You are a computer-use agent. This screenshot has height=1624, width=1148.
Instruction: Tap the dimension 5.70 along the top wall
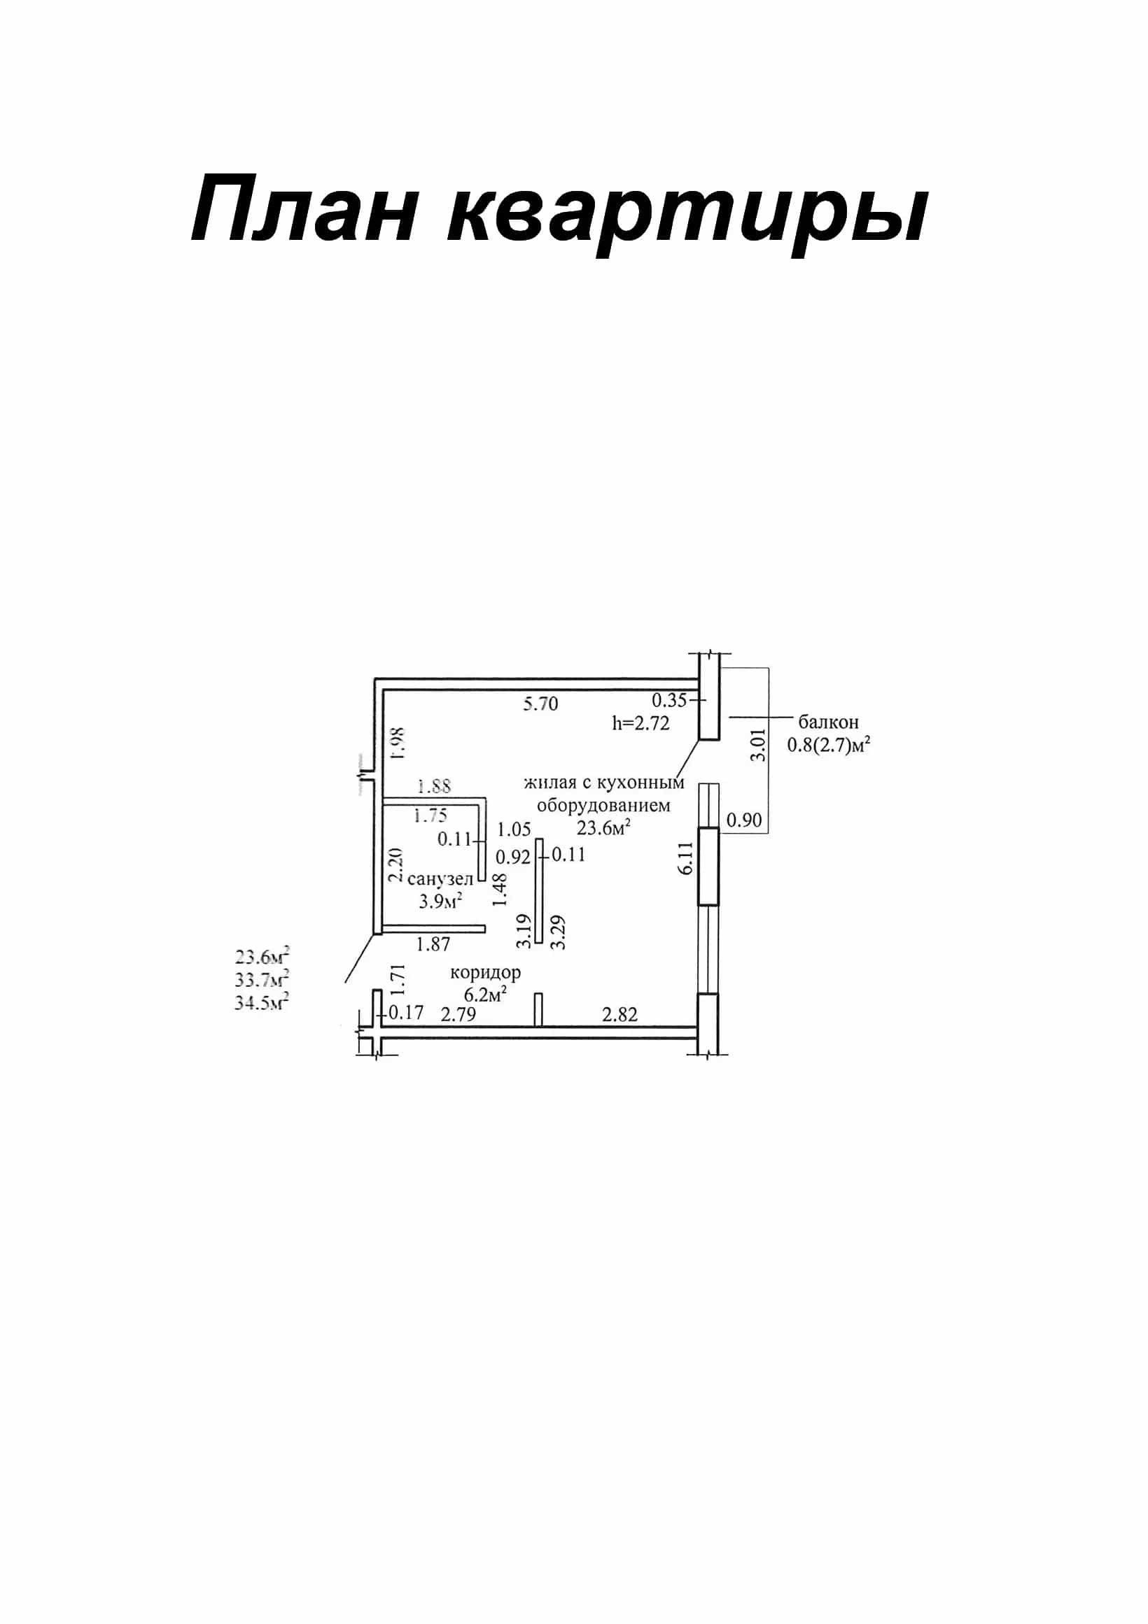pos(540,704)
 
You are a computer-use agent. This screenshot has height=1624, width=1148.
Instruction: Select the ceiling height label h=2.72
pos(641,724)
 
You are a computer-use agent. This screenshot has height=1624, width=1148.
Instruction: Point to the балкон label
pos(829,722)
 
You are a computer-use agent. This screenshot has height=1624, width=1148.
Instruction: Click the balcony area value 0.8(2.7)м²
pos(829,745)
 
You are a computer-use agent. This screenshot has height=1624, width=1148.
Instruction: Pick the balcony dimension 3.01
pos(758,745)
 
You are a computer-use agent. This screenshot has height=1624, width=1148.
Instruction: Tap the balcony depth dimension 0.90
pos(745,820)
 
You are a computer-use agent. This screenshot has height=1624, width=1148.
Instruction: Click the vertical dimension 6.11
pos(686,860)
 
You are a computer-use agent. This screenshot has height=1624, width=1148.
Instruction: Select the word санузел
pos(440,879)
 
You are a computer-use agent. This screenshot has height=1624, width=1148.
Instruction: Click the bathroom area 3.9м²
pos(441,900)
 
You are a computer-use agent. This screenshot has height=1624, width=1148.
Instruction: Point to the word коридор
pos(486,974)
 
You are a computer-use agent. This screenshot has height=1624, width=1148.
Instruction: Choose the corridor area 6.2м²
pos(486,994)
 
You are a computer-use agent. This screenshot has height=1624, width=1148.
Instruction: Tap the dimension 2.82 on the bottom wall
pos(620,1015)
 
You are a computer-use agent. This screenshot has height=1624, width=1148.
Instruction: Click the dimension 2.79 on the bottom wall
pos(458,1014)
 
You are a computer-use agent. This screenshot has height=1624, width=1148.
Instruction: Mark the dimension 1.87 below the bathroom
pos(433,944)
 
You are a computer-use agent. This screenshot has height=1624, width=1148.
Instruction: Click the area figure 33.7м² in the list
pos(262,980)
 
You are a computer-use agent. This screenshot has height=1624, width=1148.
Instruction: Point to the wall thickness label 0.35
pos(669,700)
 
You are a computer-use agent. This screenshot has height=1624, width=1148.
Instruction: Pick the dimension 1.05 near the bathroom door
pos(514,829)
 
